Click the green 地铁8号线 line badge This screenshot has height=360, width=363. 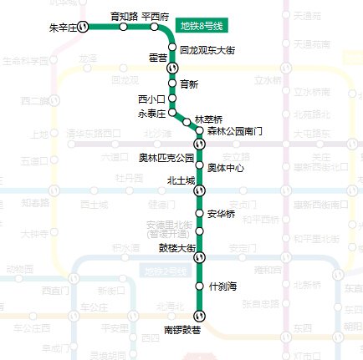coord(204,24)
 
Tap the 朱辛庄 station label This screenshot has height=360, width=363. coord(64,28)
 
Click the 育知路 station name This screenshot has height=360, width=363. coord(124,16)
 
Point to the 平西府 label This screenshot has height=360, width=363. coord(156,16)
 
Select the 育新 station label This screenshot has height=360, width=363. coord(189,84)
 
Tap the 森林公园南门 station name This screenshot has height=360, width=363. coord(235,131)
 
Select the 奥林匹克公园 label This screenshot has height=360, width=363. coord(166,157)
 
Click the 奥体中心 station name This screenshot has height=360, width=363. coord(226,168)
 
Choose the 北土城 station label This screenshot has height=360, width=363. coord(181,180)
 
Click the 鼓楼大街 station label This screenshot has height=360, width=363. coord(176,248)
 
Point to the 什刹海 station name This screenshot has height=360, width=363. coord(223,286)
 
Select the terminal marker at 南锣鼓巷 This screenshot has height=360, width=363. coord(200,314)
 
